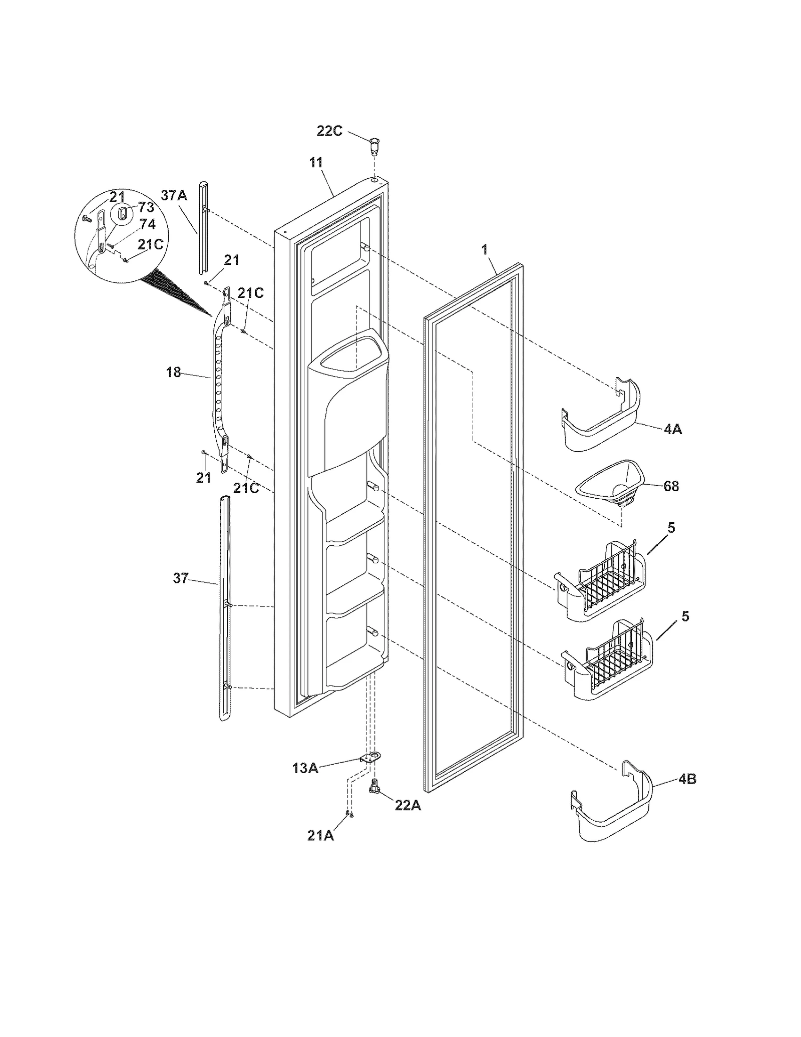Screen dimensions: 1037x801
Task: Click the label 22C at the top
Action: click(x=329, y=131)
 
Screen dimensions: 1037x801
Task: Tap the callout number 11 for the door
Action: click(x=316, y=163)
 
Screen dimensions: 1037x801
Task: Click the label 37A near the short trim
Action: click(x=174, y=195)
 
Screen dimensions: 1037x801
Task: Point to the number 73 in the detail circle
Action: click(x=146, y=207)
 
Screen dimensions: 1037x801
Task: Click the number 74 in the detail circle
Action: click(x=147, y=223)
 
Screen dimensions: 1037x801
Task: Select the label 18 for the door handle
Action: click(x=173, y=372)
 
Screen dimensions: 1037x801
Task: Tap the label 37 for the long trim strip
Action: click(x=181, y=578)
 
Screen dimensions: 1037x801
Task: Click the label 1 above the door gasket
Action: click(x=484, y=250)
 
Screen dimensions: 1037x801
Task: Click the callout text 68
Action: click(x=671, y=486)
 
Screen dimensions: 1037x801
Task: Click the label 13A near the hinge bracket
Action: click(x=305, y=768)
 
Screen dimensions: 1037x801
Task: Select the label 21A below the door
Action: click(x=320, y=835)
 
